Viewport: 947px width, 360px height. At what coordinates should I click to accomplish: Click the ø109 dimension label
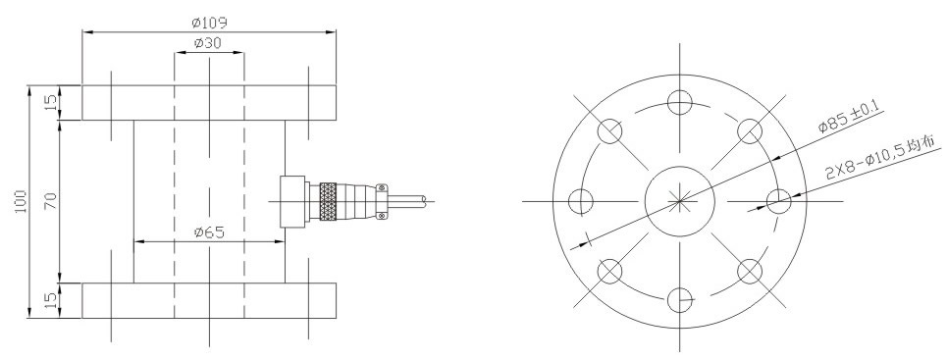(209, 23)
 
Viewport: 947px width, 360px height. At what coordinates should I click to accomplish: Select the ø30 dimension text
(208, 43)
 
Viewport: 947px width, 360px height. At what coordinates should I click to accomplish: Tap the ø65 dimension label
(209, 232)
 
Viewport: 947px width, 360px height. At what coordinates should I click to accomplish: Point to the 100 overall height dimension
(21, 202)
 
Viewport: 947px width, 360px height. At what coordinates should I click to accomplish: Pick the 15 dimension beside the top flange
(52, 103)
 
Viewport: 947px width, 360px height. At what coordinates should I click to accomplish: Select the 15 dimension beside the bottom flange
(52, 299)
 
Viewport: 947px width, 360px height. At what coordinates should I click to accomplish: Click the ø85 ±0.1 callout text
(851, 117)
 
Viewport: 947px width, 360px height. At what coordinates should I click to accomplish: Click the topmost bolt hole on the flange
(679, 102)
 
